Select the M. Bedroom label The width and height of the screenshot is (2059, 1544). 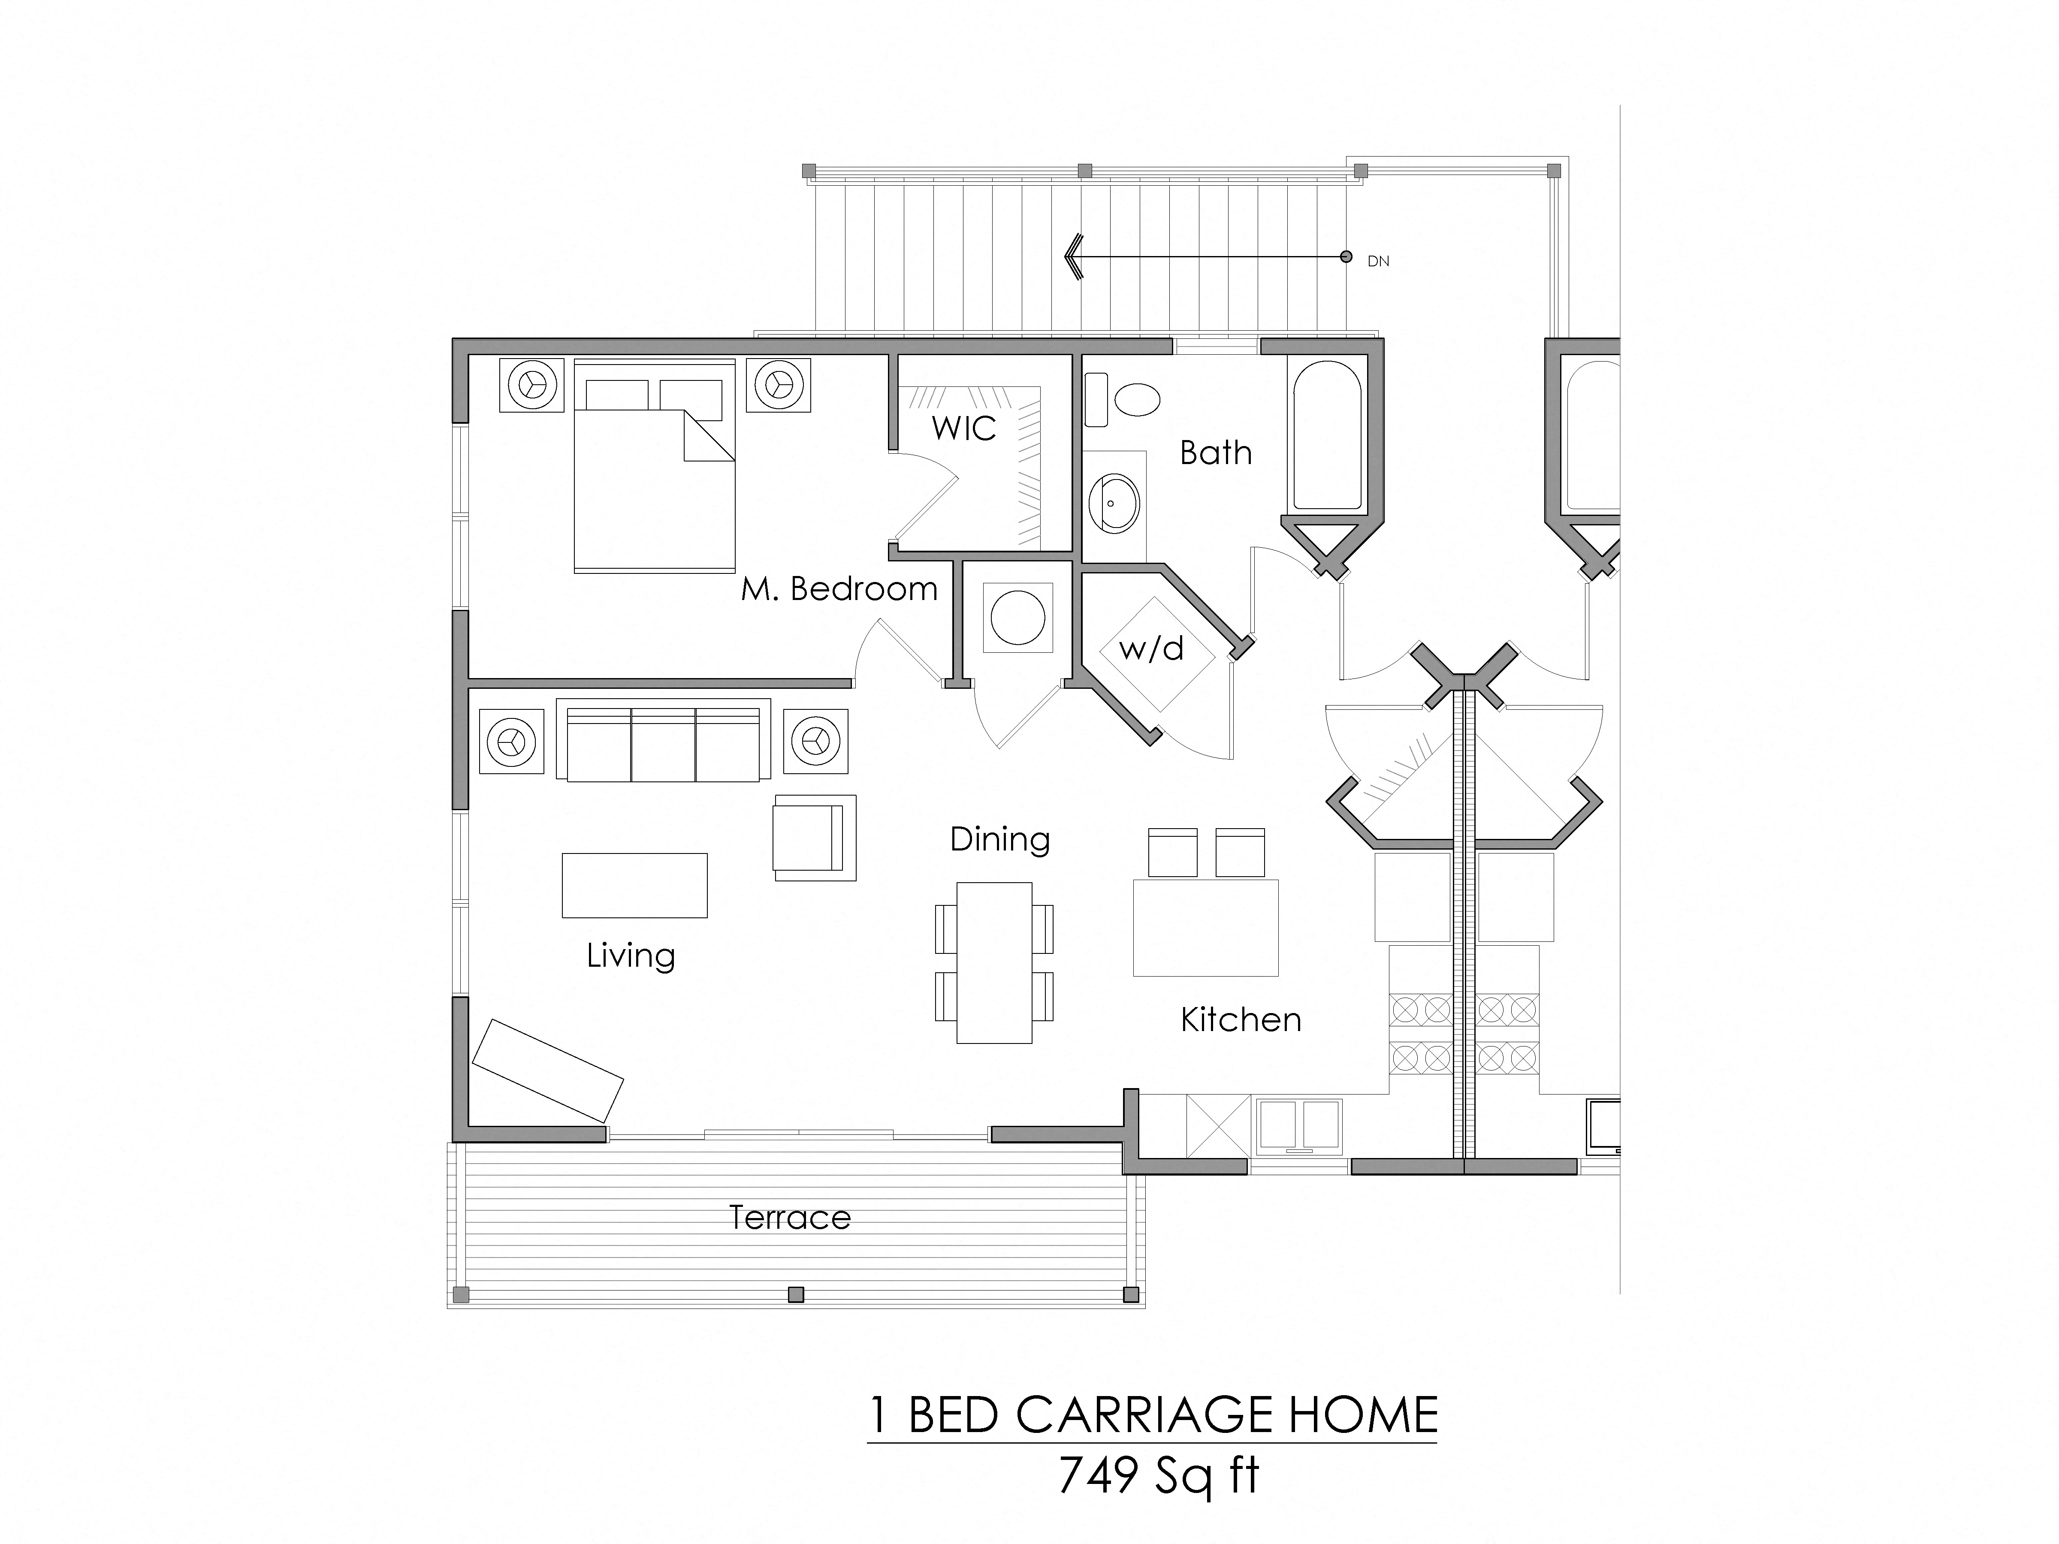pos(839,589)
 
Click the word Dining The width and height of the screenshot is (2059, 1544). pos(1000,839)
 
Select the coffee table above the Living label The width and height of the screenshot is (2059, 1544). pos(634,885)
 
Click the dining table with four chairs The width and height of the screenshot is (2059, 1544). pos(994,962)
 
